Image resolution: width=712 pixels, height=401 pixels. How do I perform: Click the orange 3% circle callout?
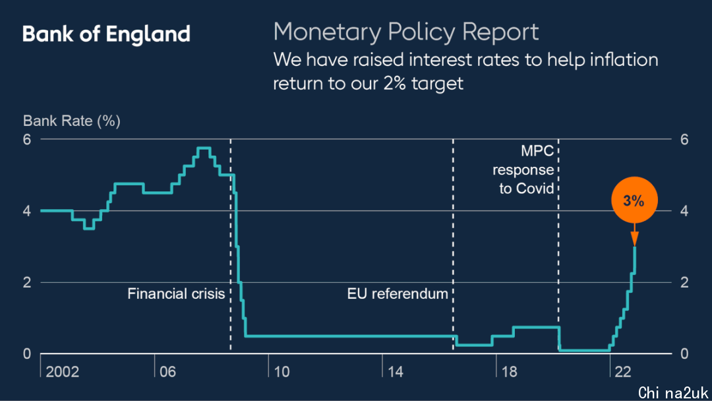pos(634,201)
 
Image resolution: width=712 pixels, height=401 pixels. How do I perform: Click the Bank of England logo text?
pos(106,34)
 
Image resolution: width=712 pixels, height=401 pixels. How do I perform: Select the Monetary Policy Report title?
pos(406,32)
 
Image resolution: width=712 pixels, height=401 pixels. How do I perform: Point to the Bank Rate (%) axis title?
pos(72,121)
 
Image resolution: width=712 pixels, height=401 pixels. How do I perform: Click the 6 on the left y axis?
pos(27,140)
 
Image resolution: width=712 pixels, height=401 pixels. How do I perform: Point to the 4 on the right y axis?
pos(684,211)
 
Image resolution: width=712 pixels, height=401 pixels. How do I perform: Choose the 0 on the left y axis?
pos(27,354)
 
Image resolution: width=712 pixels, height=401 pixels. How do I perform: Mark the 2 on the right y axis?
pos(684,282)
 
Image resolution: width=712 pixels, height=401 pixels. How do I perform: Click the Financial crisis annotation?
pos(176,293)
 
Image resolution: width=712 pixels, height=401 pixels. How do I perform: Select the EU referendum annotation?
pos(398,293)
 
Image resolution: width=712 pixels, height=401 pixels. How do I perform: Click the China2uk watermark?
pos(672,392)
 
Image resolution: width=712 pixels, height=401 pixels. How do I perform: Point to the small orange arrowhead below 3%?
pos(634,238)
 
